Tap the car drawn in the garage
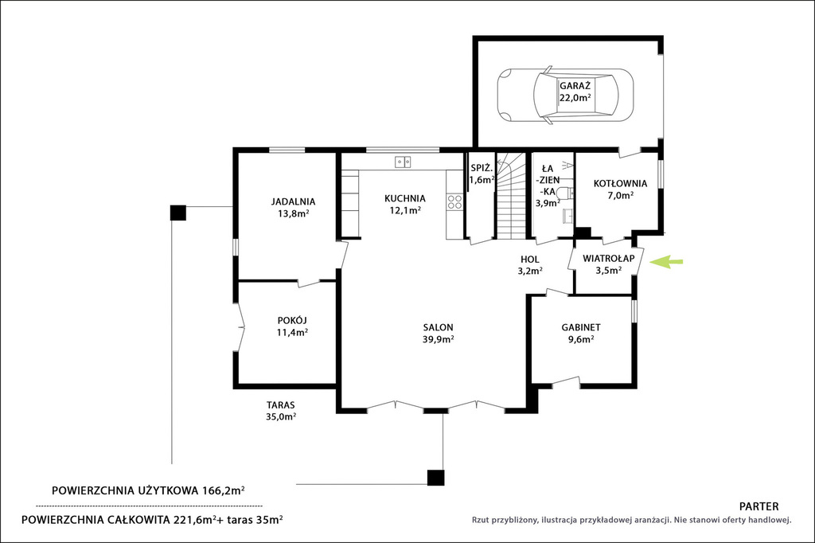click(566, 96)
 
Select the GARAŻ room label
click(575, 86)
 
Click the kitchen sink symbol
click(402, 162)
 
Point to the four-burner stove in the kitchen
click(454, 201)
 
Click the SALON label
click(439, 328)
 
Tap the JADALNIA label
click(293, 201)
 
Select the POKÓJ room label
click(292, 320)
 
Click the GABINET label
click(580, 328)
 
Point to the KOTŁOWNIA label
click(620, 184)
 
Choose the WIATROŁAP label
click(608, 259)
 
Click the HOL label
click(529, 260)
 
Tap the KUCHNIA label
click(405, 199)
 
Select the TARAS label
click(281, 405)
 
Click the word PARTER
click(758, 506)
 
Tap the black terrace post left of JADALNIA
click(177, 213)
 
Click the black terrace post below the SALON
click(435, 478)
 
